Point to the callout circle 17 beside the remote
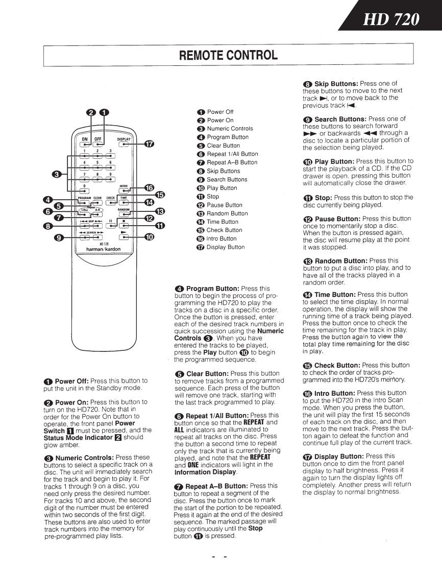149,144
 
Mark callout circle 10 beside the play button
149,236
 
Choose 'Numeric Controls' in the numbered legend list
230,129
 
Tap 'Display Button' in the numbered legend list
226,247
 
